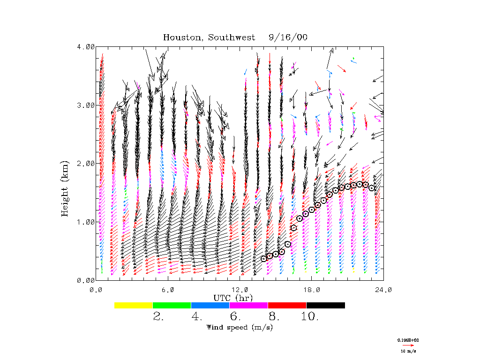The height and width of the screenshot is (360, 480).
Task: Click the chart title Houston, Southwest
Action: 209,37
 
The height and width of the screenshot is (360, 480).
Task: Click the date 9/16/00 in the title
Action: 288,37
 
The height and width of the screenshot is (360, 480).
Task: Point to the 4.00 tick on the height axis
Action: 86,47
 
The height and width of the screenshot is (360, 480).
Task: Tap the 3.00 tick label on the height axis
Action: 86,105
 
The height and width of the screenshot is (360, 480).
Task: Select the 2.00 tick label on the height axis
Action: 86,164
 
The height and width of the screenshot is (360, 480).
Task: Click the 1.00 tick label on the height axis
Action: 86,222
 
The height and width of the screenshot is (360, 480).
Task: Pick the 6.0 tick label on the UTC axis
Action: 168,290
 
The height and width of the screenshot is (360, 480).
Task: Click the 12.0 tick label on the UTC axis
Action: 240,290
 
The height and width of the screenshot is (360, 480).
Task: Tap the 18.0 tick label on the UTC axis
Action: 312,290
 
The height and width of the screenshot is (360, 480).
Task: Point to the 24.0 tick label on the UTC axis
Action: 383,290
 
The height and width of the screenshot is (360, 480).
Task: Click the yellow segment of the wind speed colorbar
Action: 134,305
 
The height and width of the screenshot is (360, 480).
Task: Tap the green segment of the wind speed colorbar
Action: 172,305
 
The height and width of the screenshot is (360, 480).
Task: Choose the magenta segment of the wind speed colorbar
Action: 248,305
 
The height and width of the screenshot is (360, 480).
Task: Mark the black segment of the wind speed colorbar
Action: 325,305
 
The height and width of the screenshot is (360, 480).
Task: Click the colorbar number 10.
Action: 309,317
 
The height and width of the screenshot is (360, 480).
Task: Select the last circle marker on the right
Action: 372,188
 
